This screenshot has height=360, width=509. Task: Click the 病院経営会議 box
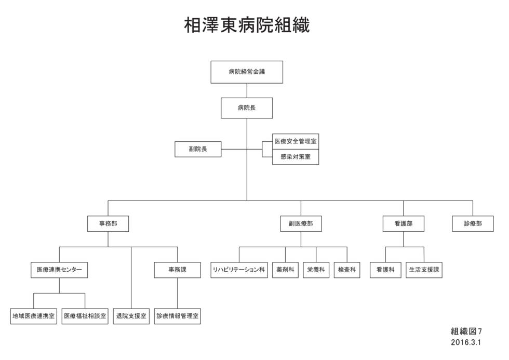[247, 72]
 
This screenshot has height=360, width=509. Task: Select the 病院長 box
[247, 108]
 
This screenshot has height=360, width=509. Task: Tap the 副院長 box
[198, 149]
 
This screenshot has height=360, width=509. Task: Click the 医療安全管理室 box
[296, 141]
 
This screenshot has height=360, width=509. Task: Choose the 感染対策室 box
[296, 157]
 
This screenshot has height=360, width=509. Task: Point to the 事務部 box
[108, 224]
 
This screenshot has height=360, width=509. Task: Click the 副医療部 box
[301, 224]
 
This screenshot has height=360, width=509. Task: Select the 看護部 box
[404, 224]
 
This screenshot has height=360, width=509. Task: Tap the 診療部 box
[473, 224]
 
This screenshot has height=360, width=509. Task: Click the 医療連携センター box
[59, 270]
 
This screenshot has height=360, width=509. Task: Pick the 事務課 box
[178, 270]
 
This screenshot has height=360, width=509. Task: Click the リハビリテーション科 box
[239, 270]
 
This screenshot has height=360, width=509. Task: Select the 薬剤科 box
[285, 270]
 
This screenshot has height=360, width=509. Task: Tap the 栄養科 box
[316, 270]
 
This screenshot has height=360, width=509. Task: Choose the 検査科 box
[347, 270]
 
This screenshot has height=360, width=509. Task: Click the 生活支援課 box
[424, 270]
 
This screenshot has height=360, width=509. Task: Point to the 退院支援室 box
[131, 316]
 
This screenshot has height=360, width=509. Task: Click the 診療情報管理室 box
[178, 316]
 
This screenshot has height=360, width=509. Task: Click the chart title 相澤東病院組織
[247, 25]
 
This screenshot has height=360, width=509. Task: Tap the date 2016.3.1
[466, 342]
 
